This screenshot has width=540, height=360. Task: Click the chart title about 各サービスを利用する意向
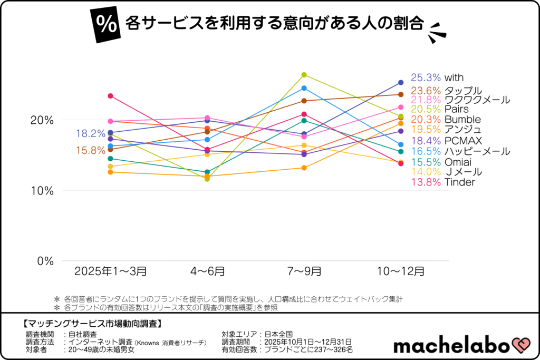pyautogui.click(x=274, y=23)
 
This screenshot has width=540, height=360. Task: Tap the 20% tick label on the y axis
pyautogui.click(x=42, y=120)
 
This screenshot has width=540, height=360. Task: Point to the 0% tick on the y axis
pyautogui.click(x=44, y=261)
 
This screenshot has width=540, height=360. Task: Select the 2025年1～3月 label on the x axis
pyautogui.click(x=110, y=271)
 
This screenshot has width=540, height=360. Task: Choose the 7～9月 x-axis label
pyautogui.click(x=304, y=271)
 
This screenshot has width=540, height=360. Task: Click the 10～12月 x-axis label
pyautogui.click(x=400, y=271)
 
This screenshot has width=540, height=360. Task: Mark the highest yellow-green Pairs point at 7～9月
pyautogui.click(x=304, y=75)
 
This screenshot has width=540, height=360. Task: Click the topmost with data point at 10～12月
pyautogui.click(x=401, y=82)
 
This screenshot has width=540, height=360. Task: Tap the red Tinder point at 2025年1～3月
pyautogui.click(x=110, y=96)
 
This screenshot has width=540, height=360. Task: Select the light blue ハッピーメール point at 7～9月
pyautogui.click(x=304, y=88)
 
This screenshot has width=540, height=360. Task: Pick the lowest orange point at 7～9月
pyautogui.click(x=304, y=168)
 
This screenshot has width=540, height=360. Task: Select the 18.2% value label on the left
pyautogui.click(x=91, y=133)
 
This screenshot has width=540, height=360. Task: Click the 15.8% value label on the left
pyautogui.click(x=91, y=150)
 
